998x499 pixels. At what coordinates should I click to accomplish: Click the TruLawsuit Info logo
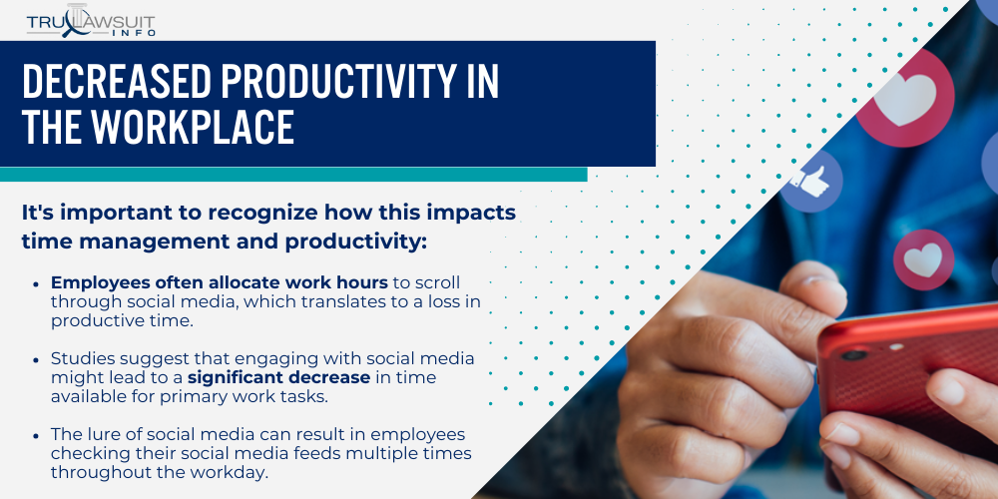point(91,21)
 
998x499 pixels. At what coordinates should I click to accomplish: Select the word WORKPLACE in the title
point(192,127)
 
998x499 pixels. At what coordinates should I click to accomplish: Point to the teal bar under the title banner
point(293,175)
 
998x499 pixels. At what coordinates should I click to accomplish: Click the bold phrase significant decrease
point(278,377)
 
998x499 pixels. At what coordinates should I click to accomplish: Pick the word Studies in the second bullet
point(75,358)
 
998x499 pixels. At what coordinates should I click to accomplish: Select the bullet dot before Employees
point(36,283)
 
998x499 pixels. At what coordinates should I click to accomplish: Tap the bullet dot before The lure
point(36,436)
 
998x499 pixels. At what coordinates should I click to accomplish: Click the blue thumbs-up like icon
point(810,182)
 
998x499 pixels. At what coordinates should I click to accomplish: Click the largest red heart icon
point(905,98)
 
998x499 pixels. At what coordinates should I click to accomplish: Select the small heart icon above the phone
point(923,259)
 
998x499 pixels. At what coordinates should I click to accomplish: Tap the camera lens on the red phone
point(854,355)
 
